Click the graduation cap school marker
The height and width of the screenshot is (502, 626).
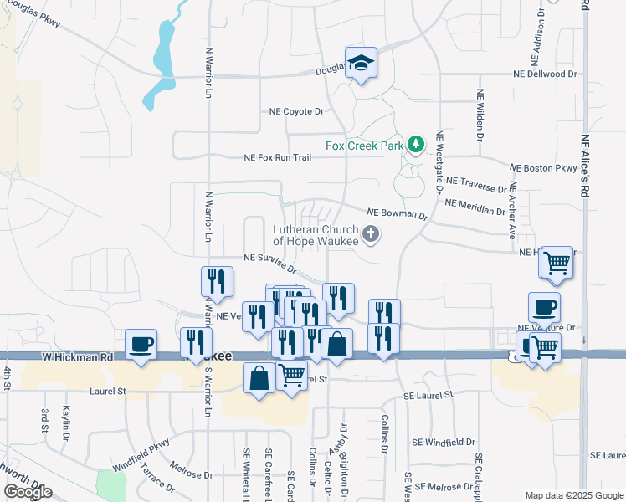362,64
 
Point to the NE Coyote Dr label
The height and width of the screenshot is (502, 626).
296,111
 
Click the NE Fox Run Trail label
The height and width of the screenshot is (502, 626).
277,157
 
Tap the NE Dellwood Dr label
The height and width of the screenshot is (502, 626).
545,74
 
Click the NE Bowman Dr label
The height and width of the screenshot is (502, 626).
398,215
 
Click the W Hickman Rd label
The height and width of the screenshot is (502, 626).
77,356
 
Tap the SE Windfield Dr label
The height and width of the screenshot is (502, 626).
444,442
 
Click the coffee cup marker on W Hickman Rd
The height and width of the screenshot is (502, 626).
141,345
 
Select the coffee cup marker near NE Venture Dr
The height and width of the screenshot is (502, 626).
544,307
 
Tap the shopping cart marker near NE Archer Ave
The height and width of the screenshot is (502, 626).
557,263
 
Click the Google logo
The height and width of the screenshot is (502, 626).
27,492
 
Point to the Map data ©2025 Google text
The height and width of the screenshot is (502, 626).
574,495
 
